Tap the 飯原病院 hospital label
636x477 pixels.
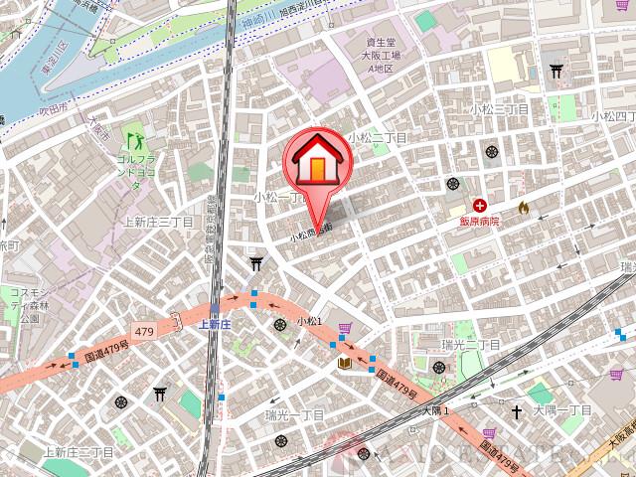click(x=478, y=222)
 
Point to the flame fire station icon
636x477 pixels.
click(x=524, y=208)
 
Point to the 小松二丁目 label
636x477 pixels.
click(x=378, y=138)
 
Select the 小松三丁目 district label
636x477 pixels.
click(x=499, y=107)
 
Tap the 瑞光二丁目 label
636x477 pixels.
click(x=471, y=344)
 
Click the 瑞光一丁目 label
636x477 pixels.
click(x=295, y=412)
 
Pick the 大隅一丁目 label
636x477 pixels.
click(x=562, y=409)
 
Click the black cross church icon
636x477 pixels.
click(x=517, y=409)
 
